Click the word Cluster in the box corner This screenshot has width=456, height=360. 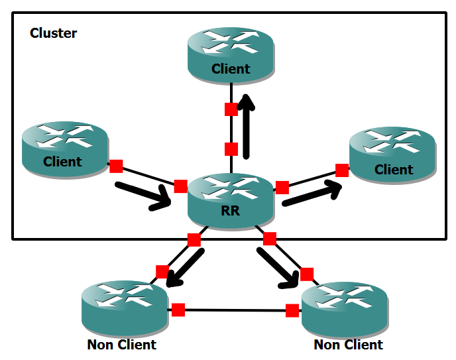(54, 33)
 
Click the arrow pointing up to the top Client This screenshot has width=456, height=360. (247, 126)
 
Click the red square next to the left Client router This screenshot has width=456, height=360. (116, 166)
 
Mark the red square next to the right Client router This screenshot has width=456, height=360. (342, 170)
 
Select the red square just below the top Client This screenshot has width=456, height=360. (231, 109)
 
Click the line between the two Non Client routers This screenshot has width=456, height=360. (235, 310)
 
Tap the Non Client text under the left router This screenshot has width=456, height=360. (121, 345)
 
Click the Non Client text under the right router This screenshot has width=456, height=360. (348, 345)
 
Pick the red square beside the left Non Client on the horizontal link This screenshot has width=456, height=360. (178, 309)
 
